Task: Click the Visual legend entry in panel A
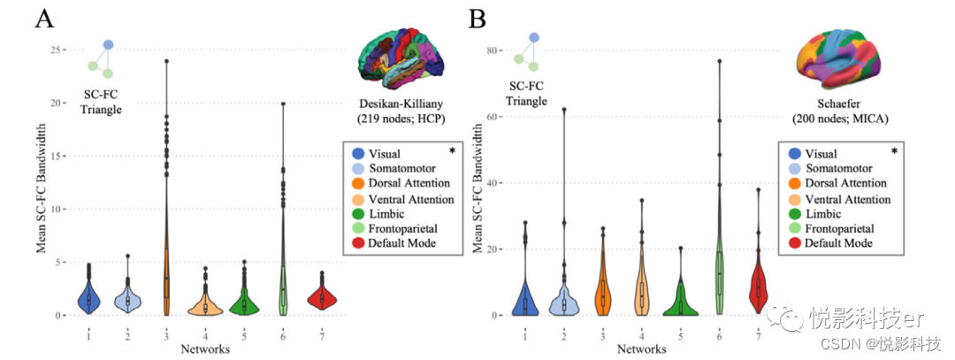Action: coord(386,154)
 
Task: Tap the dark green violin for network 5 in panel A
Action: coord(244,303)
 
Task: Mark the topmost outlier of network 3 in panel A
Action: coord(166,61)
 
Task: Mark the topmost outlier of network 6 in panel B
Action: coord(719,61)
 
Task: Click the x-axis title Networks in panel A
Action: coord(205,349)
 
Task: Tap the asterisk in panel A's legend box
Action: coord(452,151)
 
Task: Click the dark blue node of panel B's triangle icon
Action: coord(534,38)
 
